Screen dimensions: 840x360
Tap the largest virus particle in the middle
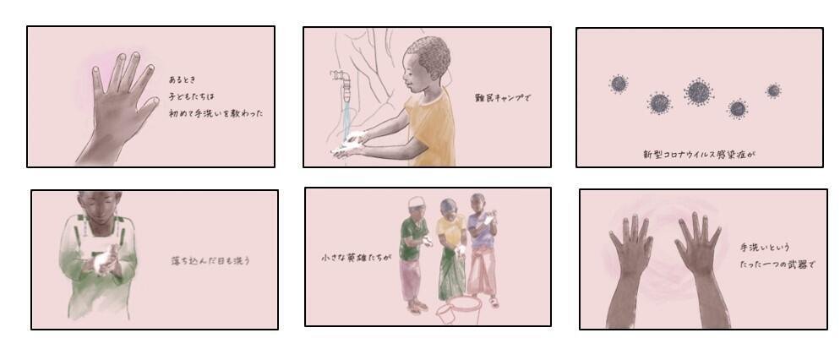pos(698,91)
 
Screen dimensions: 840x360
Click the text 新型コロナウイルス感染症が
pos(699,155)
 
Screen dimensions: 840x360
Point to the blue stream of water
pos(346,119)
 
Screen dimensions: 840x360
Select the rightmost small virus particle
pos(773,90)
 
